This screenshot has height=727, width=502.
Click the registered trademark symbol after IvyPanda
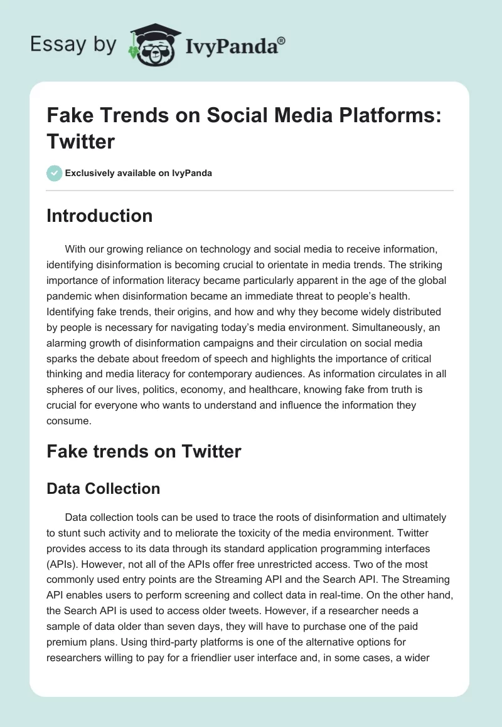point(282,41)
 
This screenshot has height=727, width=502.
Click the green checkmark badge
point(55,173)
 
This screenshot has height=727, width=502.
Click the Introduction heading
point(99,216)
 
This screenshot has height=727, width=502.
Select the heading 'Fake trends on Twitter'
point(144,451)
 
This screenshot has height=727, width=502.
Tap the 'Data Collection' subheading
point(103,488)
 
